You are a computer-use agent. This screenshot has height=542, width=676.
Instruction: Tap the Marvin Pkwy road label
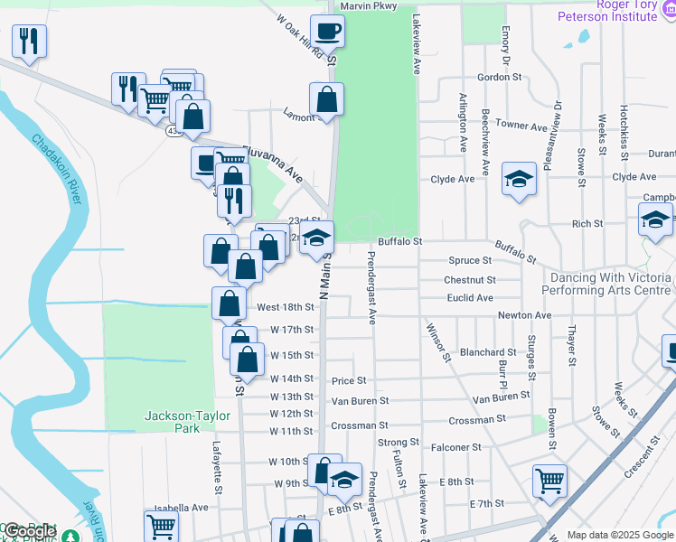(x=368, y=6)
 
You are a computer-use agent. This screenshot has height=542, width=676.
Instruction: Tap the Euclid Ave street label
(x=470, y=298)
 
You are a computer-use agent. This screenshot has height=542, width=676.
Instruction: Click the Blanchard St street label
(x=487, y=352)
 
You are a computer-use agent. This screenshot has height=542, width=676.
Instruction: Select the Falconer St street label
(x=480, y=447)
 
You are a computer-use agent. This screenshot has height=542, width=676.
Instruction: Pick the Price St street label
(x=348, y=381)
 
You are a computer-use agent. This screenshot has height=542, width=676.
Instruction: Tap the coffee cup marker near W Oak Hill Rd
(x=327, y=32)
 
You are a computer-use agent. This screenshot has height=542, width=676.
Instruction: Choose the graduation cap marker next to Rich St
(x=656, y=220)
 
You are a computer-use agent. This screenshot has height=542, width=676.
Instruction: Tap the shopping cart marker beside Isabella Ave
(x=161, y=526)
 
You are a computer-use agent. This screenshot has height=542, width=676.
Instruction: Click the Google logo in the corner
(x=29, y=532)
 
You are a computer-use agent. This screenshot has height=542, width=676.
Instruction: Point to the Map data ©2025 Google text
(x=619, y=535)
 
